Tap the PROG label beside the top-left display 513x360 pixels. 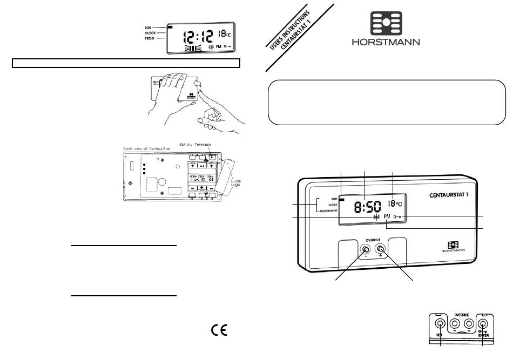pos(150,39)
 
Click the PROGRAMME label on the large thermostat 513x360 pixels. pos(325,212)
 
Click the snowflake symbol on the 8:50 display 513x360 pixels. pos(376,216)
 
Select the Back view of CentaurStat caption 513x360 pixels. pos(146,148)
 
